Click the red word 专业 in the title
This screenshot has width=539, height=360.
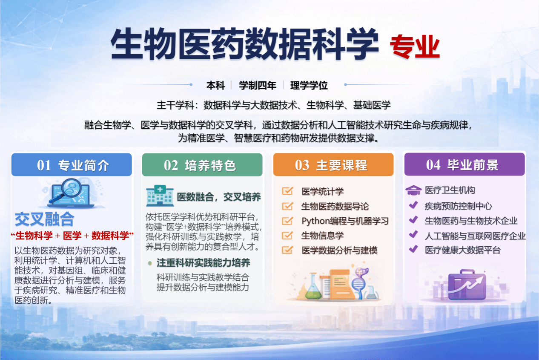point(415,46)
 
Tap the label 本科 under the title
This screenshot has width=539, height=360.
point(215,86)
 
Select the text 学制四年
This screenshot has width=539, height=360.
point(258,86)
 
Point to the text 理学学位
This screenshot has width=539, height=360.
point(309,86)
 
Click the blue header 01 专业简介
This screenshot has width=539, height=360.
point(72,165)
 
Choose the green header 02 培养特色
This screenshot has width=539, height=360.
point(202,165)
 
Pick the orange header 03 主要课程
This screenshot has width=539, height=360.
point(333,164)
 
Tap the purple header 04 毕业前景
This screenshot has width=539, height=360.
point(464,164)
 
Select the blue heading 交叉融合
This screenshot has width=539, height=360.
point(45,219)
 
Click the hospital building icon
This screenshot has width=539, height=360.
point(160,196)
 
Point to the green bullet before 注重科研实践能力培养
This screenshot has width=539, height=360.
point(150,263)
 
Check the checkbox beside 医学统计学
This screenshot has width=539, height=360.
point(287,191)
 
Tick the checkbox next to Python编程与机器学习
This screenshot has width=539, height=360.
point(287,221)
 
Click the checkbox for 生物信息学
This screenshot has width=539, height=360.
point(287,235)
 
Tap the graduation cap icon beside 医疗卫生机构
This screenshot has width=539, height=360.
point(413,190)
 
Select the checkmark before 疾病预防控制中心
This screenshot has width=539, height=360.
point(413,205)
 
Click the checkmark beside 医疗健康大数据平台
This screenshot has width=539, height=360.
point(413,249)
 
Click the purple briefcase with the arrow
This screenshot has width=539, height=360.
point(467,285)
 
